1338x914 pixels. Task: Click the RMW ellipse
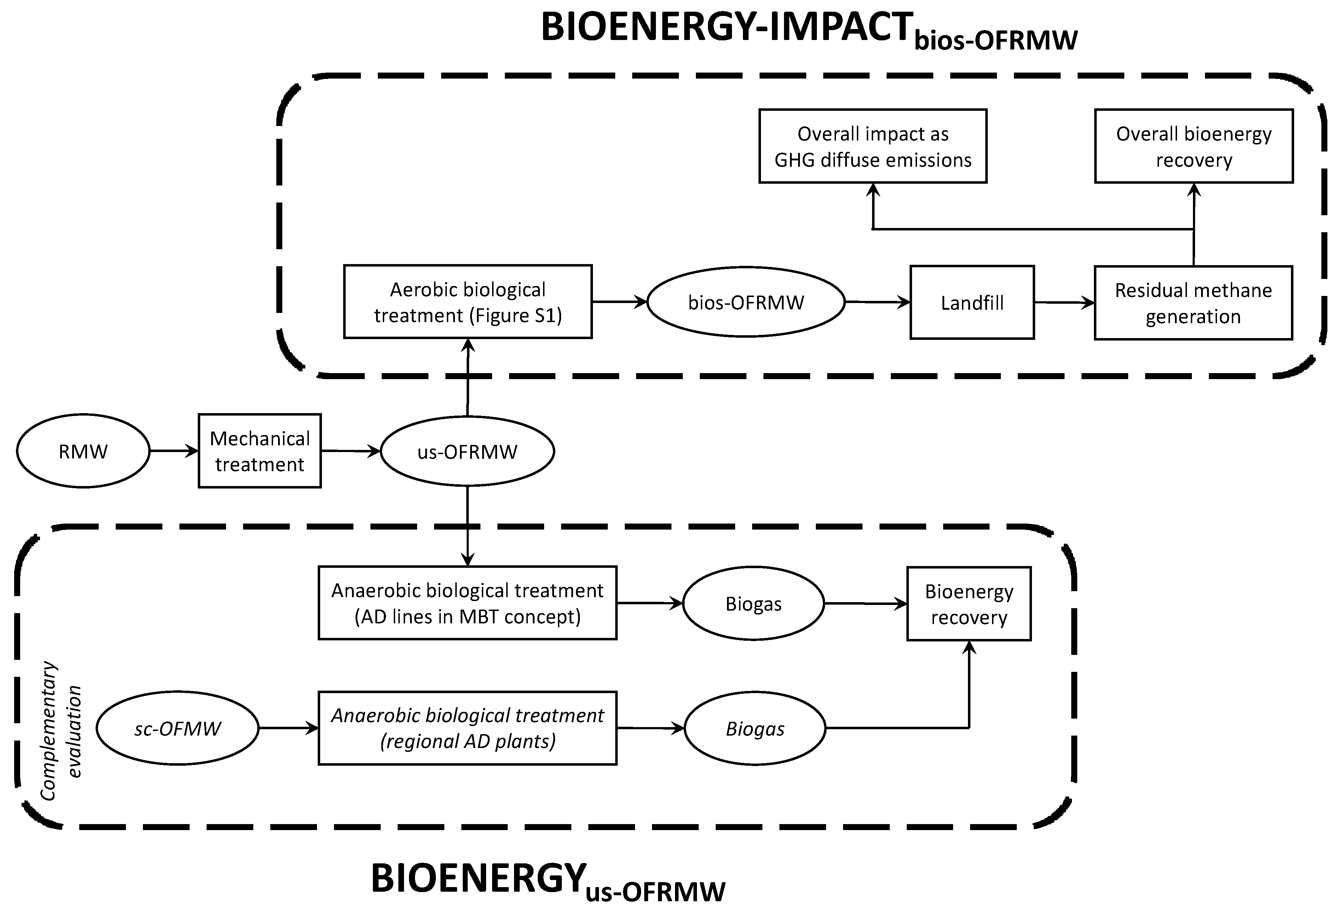83,451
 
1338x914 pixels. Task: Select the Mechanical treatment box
260,451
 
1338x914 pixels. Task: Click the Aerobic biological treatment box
467,302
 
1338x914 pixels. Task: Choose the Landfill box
972,302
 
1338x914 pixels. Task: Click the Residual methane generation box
1193,303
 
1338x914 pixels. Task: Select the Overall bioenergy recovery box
1194,146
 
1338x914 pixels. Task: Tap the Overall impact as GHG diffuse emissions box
873,146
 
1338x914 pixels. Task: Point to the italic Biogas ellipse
755,729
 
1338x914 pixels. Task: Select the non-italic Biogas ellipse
754,604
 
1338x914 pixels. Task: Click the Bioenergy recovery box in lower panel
969,604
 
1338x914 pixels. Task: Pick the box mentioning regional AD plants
467,728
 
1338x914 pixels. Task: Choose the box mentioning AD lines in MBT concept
467,603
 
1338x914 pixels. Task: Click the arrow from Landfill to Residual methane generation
1064,302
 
